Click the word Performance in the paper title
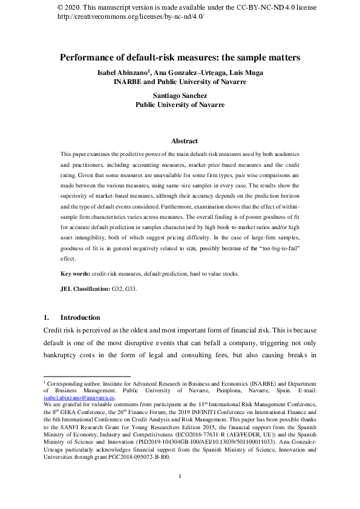(x=88, y=58)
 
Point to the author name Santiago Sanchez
(x=180, y=96)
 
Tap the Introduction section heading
(x=80, y=317)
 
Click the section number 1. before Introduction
(x=46, y=317)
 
